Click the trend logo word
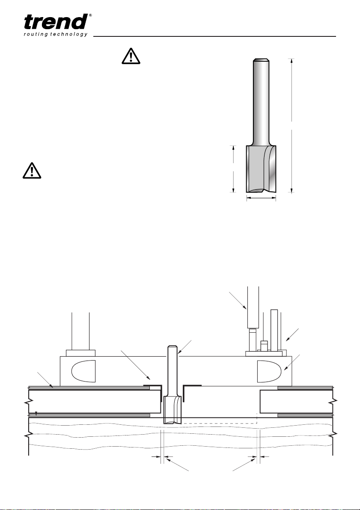(56, 22)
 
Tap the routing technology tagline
(56, 35)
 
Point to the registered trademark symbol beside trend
(90, 15)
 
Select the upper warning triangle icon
(131, 56)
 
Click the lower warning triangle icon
(32, 170)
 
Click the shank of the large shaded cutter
(261, 102)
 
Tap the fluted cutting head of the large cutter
(261, 169)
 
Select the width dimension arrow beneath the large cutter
(261, 197)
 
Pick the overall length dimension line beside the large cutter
(292, 126)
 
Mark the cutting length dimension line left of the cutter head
(233, 169)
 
